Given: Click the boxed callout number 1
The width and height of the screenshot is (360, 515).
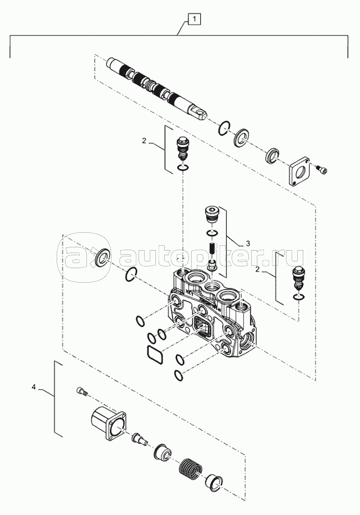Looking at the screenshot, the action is coord(194,19).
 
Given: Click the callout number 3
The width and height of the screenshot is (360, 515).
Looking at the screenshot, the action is coord(248,243).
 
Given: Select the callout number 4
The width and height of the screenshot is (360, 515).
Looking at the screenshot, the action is coord(34,387).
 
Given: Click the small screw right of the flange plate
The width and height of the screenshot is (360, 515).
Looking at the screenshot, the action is coord(322,169).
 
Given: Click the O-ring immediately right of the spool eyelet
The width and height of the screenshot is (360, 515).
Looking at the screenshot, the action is coord(224,128).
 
